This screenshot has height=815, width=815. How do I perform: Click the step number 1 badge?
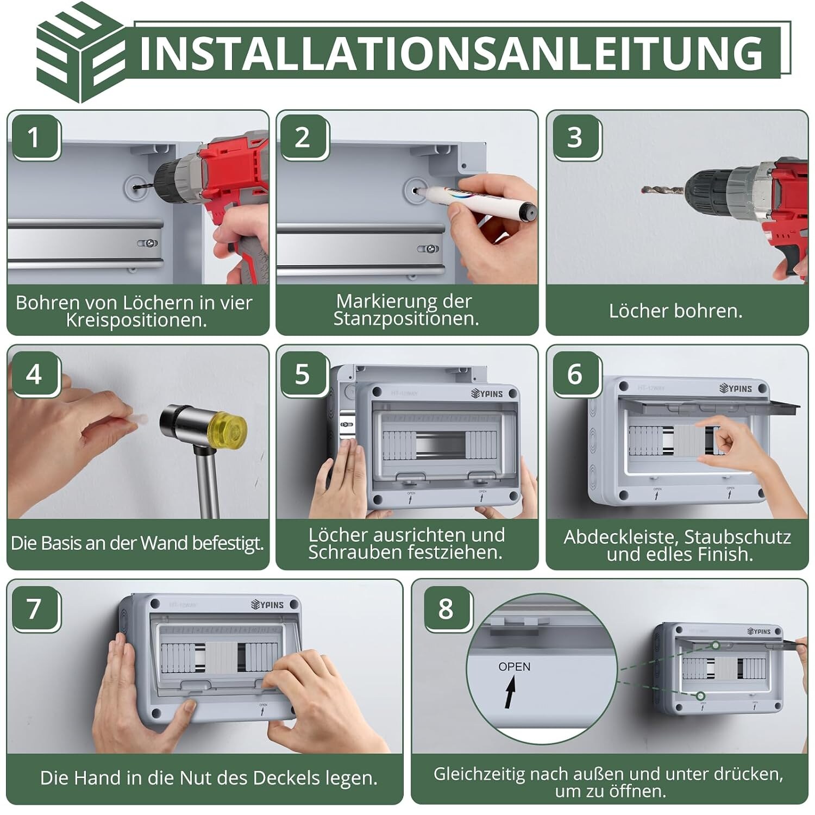tap(34, 137)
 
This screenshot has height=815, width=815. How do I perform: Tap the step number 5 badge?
tap(303, 375)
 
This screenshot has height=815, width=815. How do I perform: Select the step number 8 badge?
tap(447, 609)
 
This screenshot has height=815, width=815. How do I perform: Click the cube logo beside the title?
tap(80, 53)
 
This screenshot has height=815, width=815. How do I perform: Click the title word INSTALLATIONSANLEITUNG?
tap(452, 53)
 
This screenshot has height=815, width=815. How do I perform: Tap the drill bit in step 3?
tap(662, 191)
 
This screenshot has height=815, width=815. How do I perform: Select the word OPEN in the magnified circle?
tap(514, 667)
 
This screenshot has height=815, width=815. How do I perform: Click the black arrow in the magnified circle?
tap(510, 693)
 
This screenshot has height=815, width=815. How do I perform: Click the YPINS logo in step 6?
tap(736, 388)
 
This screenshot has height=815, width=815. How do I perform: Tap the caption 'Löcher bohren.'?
tap(675, 311)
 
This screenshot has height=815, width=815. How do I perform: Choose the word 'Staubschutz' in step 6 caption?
tap(737, 537)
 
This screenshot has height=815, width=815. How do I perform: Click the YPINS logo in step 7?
tap(267, 604)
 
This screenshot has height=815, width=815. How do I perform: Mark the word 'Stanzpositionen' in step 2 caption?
tap(406, 319)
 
